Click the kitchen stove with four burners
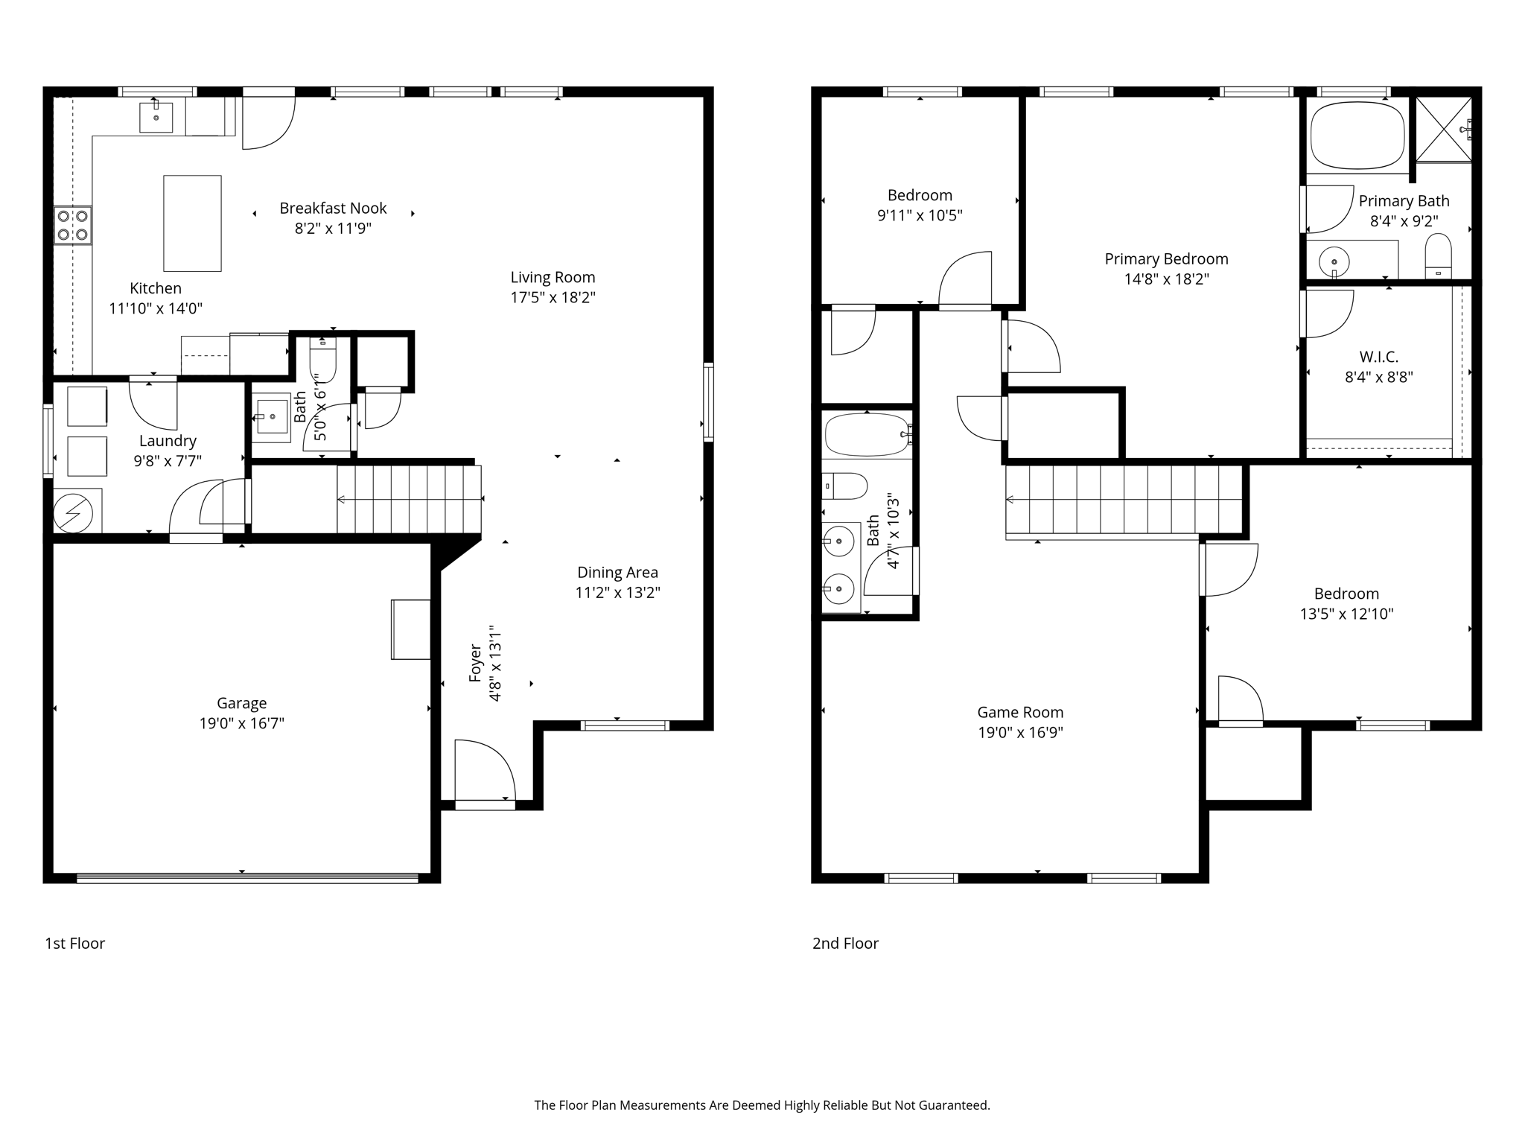(73, 225)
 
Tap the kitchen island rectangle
(192, 223)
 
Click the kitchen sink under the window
(156, 118)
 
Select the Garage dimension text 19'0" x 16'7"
(241, 723)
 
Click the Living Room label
(553, 277)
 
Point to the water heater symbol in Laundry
(74, 513)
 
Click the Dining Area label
(617, 572)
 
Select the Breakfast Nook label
(333, 209)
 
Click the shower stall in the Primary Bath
(1443, 129)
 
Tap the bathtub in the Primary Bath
(1357, 136)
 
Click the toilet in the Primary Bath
(1438, 255)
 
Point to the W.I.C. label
(1378, 357)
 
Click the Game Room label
(1020, 712)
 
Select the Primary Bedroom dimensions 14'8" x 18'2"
(1166, 279)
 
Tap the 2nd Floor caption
(845, 944)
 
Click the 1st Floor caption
(75, 944)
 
